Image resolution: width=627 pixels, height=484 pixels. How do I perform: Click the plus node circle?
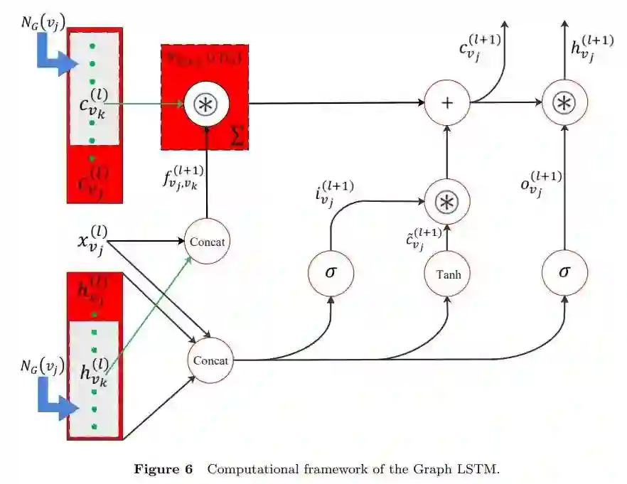coord(447,103)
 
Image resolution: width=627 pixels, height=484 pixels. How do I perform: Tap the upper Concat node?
coord(207,242)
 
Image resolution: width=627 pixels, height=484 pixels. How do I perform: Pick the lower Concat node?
coord(210,360)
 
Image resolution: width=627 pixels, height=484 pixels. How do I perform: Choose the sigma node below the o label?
coord(564,272)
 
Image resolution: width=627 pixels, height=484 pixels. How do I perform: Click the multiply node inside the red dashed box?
coord(206,103)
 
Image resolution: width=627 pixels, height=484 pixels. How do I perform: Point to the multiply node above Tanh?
coord(447,201)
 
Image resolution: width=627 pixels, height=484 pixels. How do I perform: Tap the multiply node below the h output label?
coord(564,103)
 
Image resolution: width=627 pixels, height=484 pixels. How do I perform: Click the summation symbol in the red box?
coord(237,138)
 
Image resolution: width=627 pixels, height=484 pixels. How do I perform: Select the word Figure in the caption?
coord(161,469)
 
